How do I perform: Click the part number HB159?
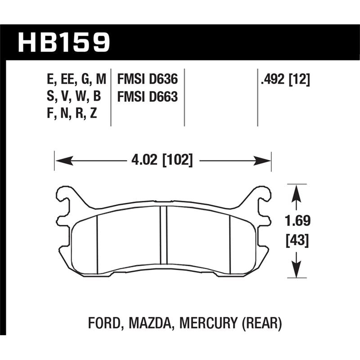63,41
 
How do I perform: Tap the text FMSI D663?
148,97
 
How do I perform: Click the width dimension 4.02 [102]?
162,160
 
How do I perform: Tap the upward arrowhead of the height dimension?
296,192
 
